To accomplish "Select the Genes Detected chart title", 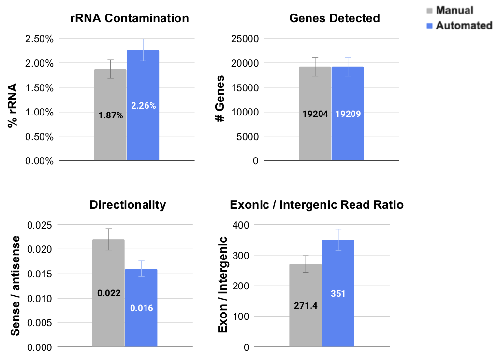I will pyautogui.click(x=335, y=19).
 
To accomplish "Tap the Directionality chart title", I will pyautogui.click(x=128, y=205).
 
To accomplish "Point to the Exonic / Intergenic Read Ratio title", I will pyautogui.click(x=317, y=205).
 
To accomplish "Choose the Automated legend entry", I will pyautogui.click(x=463, y=25).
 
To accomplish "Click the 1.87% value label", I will pyautogui.click(x=111, y=115).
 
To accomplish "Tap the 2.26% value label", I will pyautogui.click(x=144, y=106).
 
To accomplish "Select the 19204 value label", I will pyautogui.click(x=315, y=114).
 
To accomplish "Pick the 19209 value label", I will pyautogui.click(x=348, y=114).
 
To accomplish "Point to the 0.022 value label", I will pyautogui.click(x=108, y=292).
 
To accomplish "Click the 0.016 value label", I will pyautogui.click(x=141, y=307).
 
